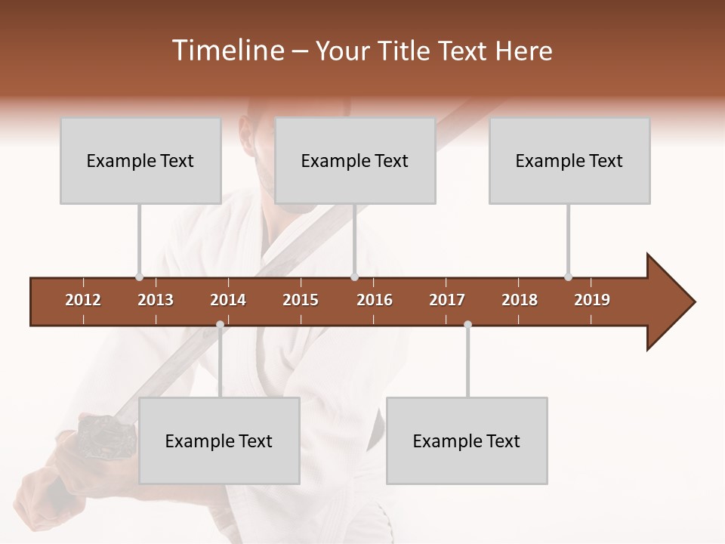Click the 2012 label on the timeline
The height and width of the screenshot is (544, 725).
[x=83, y=300]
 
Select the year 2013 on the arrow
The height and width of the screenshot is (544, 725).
[x=156, y=300]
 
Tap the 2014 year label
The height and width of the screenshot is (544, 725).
[x=228, y=300]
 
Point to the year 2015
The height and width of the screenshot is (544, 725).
[x=301, y=300]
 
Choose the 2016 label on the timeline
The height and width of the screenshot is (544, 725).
[x=375, y=300]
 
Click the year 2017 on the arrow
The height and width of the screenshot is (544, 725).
[x=447, y=300]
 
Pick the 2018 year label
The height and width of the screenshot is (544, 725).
[x=520, y=300]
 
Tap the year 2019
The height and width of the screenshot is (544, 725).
[x=592, y=300]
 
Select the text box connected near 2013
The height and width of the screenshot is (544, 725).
[x=140, y=160]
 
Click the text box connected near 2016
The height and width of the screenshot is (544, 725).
[x=355, y=160]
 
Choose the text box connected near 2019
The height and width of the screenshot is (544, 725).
[x=569, y=160]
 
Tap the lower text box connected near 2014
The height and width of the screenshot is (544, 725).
[x=219, y=440]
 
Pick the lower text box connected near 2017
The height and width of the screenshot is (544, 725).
[x=467, y=440]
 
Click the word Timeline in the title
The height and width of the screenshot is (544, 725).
[x=227, y=51]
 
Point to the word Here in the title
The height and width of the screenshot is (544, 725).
[x=523, y=51]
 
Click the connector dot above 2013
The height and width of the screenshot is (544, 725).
[x=139, y=277]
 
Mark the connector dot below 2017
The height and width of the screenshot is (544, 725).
[x=467, y=325]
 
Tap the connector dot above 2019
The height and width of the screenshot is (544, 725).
[x=568, y=277]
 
